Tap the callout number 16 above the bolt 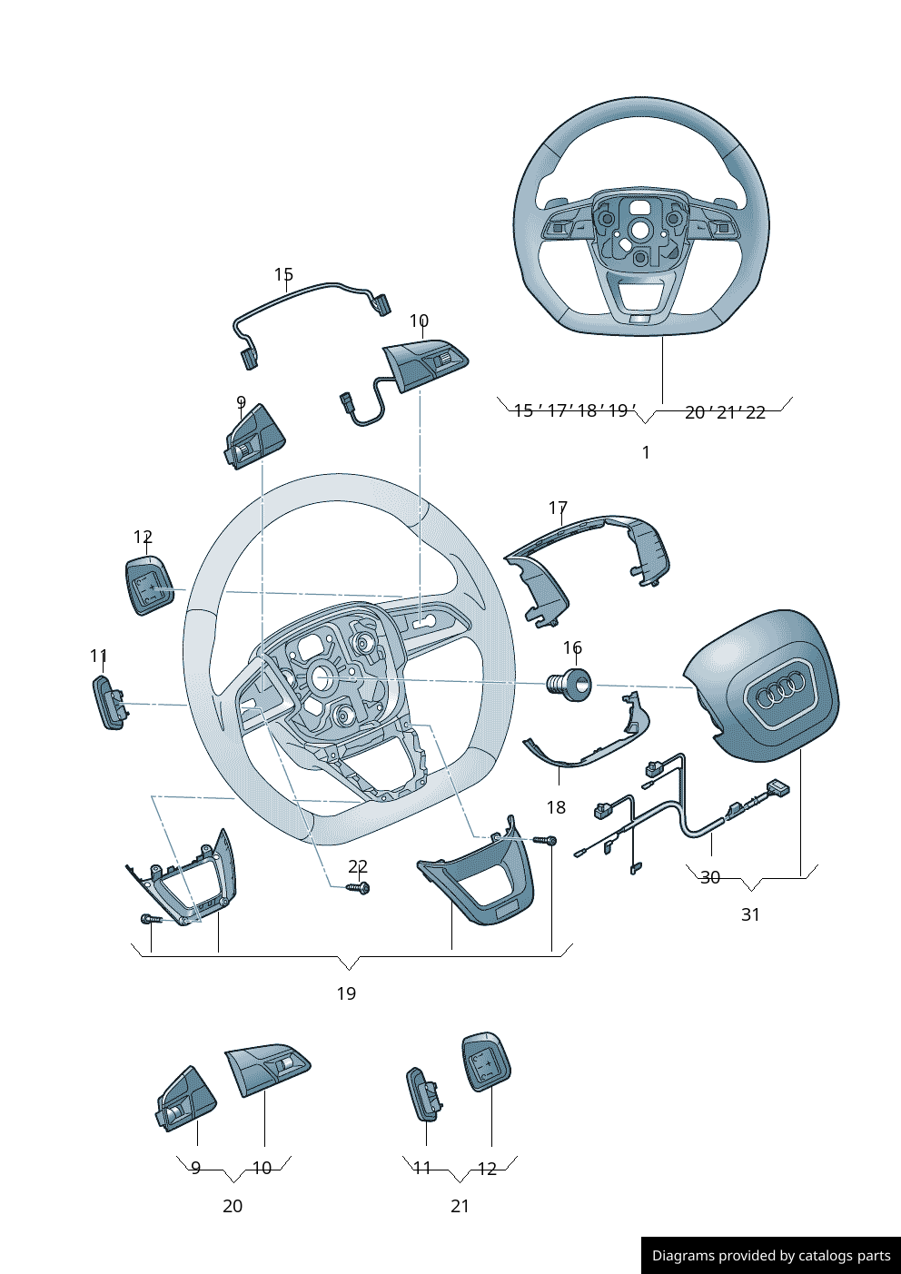pos(572,647)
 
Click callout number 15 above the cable pos(283,274)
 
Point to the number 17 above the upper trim pos(558,508)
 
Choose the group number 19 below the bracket pos(346,993)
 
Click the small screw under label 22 pos(359,888)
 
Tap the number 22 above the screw pos(358,867)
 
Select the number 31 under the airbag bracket pos(750,914)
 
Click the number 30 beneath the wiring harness pos(710,877)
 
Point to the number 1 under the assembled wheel pos(646,452)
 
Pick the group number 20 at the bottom pos(233,1206)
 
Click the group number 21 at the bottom pos(460,1206)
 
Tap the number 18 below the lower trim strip pos(556,807)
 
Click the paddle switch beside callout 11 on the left pos(107,703)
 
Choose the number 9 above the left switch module pos(241,402)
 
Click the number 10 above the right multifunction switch pos(419,321)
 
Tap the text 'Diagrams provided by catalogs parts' pos(771,1256)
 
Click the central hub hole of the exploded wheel pos(320,677)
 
